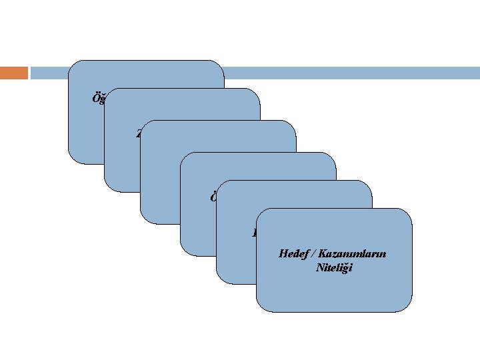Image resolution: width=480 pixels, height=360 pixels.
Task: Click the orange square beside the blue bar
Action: point(14,72)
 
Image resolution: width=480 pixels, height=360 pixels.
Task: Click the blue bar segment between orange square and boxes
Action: point(49,72)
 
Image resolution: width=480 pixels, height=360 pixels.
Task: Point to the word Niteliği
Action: point(335,267)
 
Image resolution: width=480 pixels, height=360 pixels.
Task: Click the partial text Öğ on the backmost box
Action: point(97,99)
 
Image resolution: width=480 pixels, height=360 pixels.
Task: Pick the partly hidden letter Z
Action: point(139,133)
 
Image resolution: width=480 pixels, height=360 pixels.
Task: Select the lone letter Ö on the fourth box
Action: point(213,198)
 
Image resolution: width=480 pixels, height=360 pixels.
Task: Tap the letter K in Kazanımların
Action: point(322,254)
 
